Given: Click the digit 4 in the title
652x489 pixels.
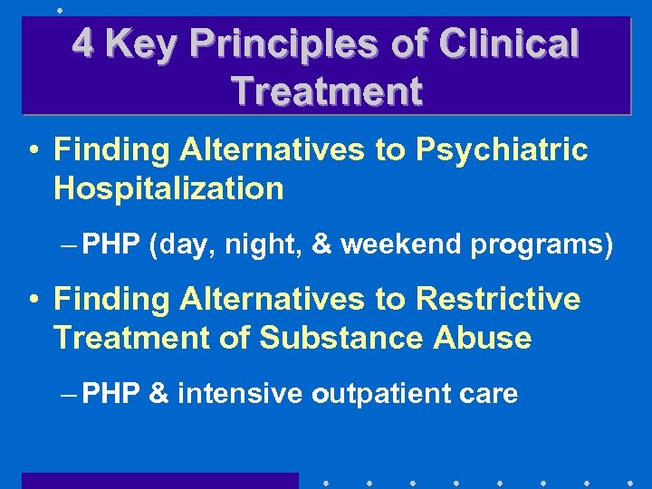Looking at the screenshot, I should point(83,43).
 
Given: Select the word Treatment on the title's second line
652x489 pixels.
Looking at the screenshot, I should point(326,91).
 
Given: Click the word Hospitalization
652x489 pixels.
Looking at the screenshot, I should point(168,188).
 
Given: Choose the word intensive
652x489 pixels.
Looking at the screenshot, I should point(242,394).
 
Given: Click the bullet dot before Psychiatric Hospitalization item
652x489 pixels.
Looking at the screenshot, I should point(33,151).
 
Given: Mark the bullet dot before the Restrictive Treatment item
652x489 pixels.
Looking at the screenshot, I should point(33,300).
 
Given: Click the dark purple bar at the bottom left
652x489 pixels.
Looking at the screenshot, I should point(159,480).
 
